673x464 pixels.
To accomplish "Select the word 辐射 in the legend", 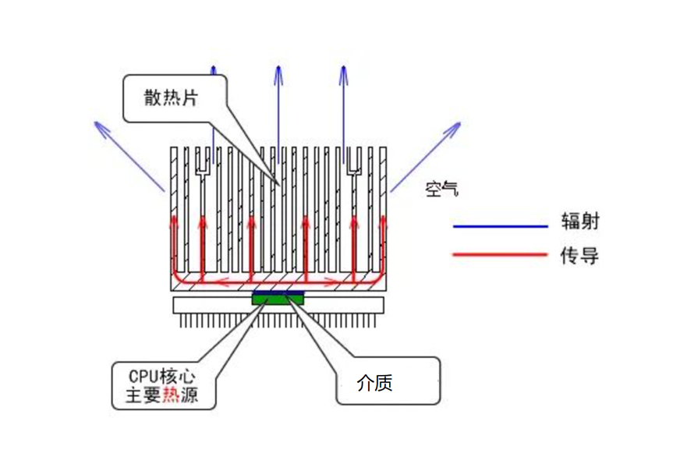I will pos(579,221).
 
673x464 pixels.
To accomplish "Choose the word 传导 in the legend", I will pos(579,254).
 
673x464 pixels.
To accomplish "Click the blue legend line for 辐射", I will pos(500,227).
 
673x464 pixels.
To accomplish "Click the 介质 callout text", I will pos(374,383).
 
